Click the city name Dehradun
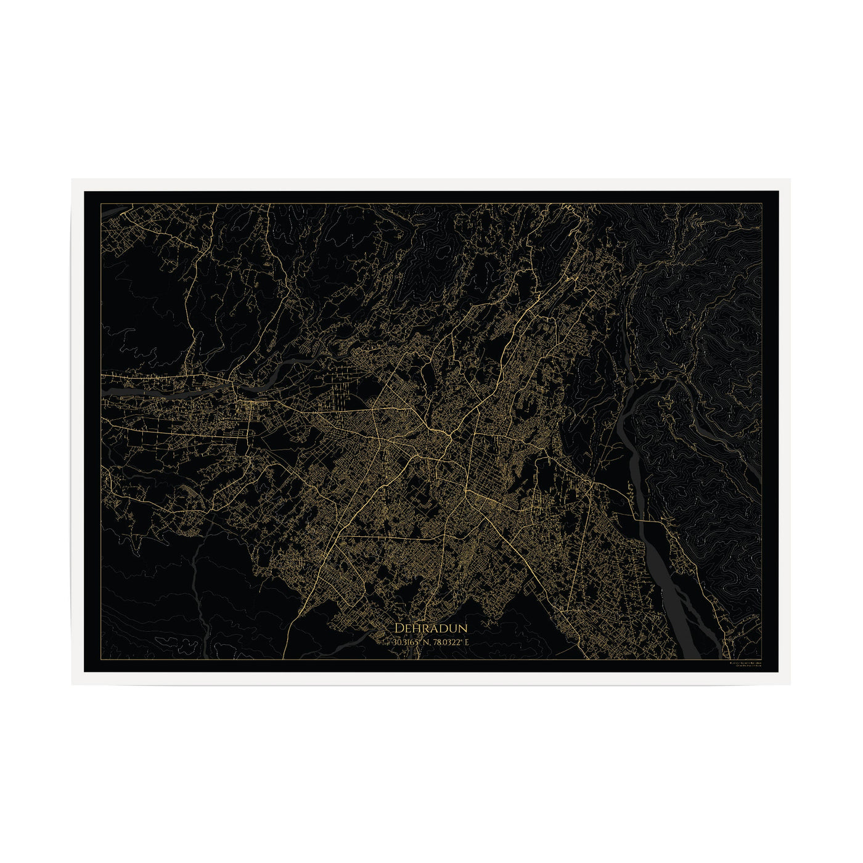pyautogui.click(x=431, y=628)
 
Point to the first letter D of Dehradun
pyautogui.click(x=398, y=628)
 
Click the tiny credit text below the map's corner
pyautogui.click(x=745, y=665)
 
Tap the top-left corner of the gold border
pyautogui.click(x=101, y=203)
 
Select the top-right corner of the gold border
pyautogui.click(x=763, y=203)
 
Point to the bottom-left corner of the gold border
pyautogui.click(x=101, y=660)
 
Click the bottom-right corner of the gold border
pyautogui.click(x=763, y=660)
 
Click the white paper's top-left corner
pyautogui.click(x=72, y=179)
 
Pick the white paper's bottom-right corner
pyautogui.click(x=790, y=684)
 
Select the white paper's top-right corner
pyautogui.click(x=790, y=179)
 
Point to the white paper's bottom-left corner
pyautogui.click(x=72, y=684)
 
